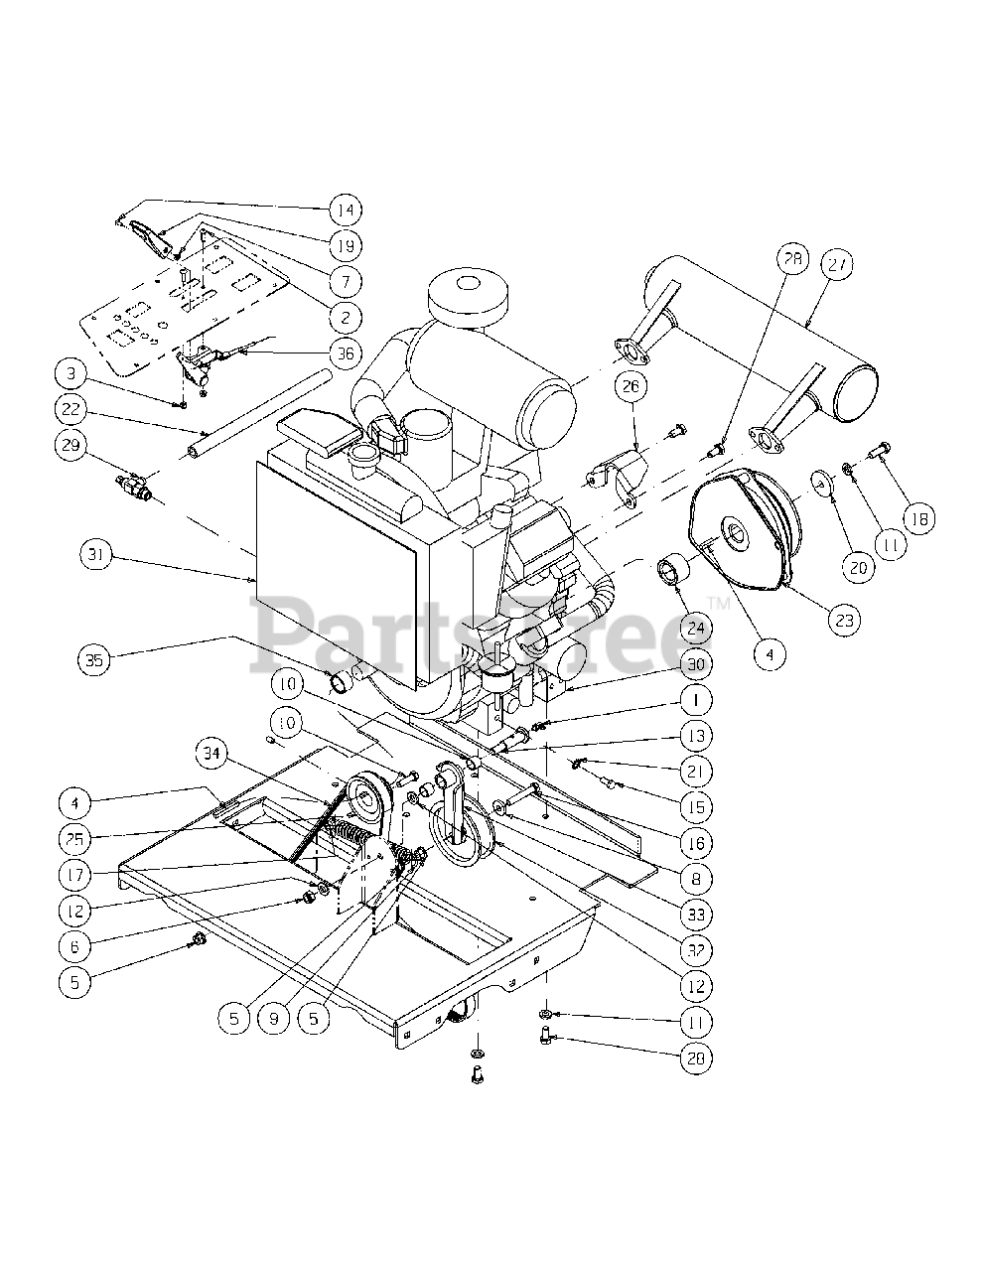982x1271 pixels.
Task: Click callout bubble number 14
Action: [x=346, y=210]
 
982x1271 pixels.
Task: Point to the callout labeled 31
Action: [x=97, y=556]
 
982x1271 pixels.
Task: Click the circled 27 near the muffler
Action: [x=838, y=264]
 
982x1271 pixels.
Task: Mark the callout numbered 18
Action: [x=918, y=518]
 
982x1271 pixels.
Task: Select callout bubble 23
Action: [x=844, y=620]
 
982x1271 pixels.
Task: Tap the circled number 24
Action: [x=695, y=627]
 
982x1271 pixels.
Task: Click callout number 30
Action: [x=696, y=664]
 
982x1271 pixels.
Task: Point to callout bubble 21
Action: [x=696, y=771]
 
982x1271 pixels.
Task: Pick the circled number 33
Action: [x=696, y=914]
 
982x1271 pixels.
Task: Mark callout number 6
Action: [x=75, y=944]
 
